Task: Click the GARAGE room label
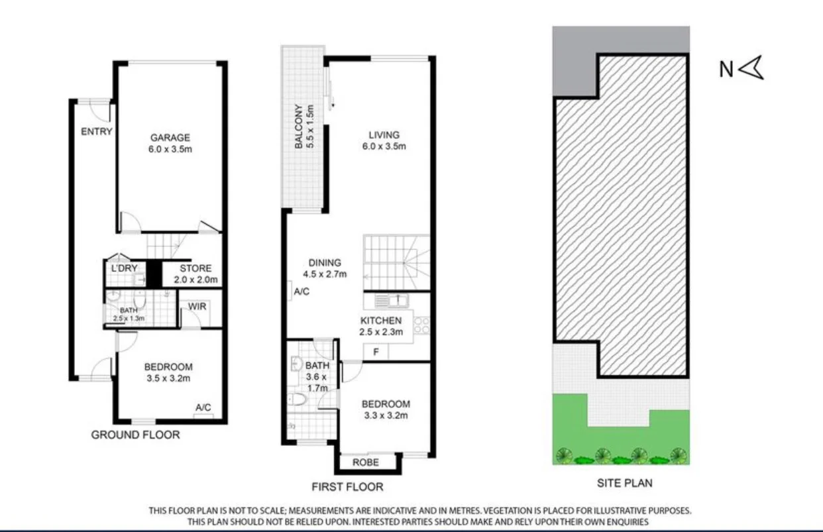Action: [x=170, y=138]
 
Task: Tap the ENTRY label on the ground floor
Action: [x=96, y=131]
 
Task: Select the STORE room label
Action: [x=195, y=268]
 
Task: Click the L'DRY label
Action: [x=124, y=268]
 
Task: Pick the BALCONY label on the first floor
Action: [x=299, y=127]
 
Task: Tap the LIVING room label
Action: [x=384, y=135]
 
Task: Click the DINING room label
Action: [x=325, y=262]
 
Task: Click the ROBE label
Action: [x=365, y=462]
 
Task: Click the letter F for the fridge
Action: [x=376, y=352]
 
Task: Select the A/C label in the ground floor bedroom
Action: [x=203, y=407]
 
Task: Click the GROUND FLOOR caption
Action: [x=135, y=435]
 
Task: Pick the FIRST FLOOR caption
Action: [x=347, y=487]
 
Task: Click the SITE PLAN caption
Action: [x=624, y=483]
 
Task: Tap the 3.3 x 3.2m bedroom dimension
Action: [x=384, y=416]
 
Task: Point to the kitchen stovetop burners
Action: [x=421, y=325]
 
